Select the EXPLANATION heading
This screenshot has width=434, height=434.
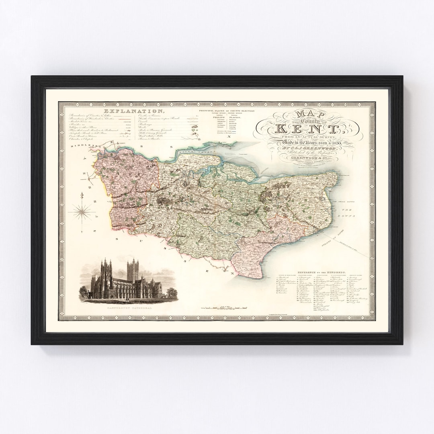pyautogui.click(x=134, y=111)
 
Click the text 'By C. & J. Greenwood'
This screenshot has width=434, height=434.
pyautogui.click(x=309, y=151)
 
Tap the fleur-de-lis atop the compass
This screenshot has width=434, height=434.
pyautogui.click(x=82, y=196)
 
